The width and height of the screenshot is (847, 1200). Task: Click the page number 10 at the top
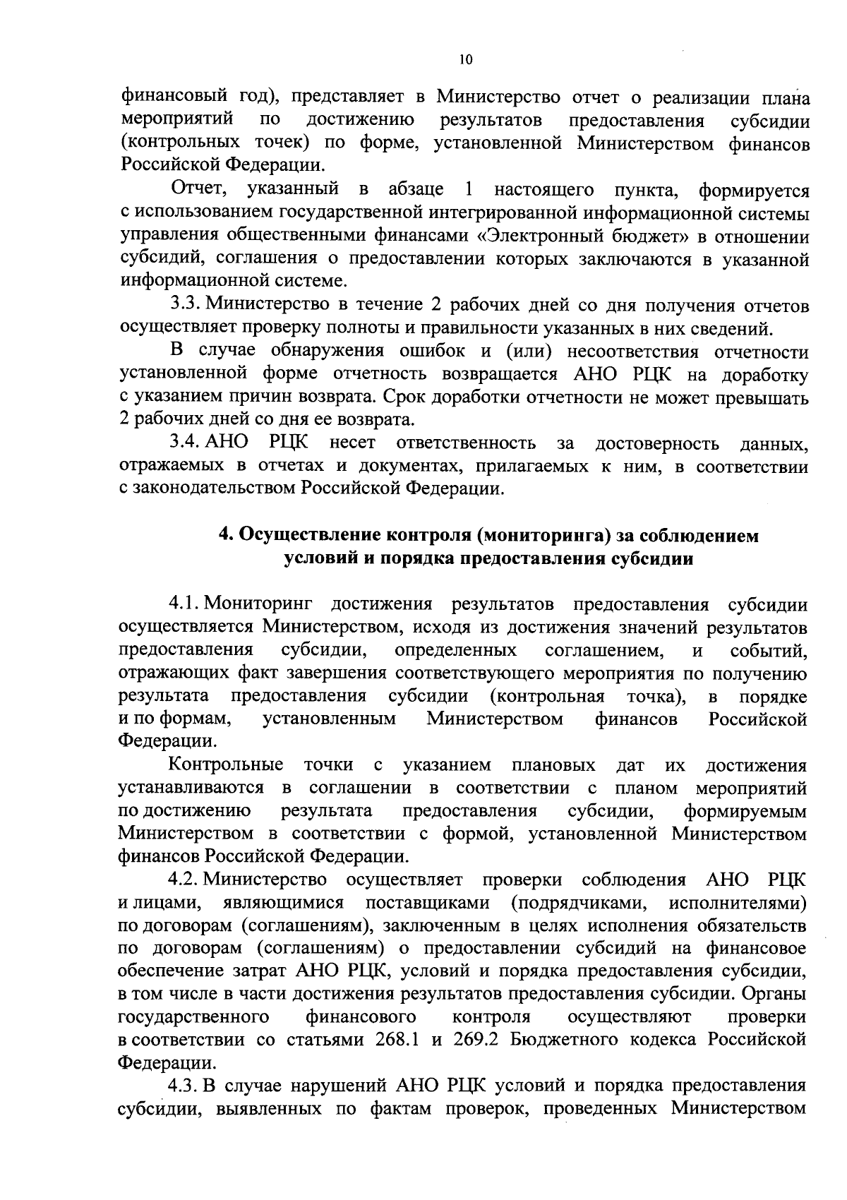464,60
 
